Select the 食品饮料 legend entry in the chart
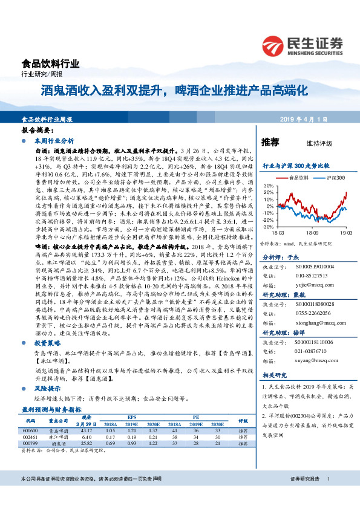(298, 178)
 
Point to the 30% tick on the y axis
(269, 186)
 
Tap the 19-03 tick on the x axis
(345, 232)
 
